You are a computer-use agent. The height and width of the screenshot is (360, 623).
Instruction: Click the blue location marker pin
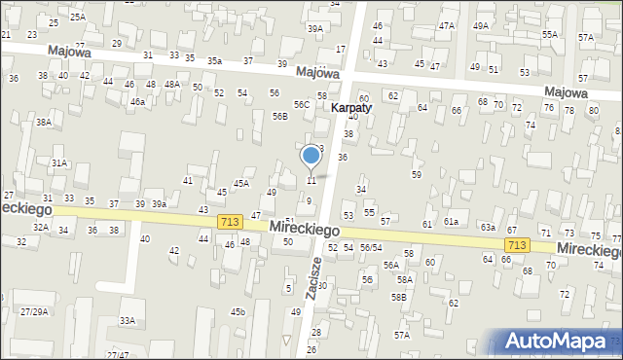(x=311, y=156)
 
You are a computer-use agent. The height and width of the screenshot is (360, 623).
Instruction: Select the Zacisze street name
(x=312, y=282)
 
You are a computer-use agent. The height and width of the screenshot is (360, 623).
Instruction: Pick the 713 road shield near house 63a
(x=517, y=245)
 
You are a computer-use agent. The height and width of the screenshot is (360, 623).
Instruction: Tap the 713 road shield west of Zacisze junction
(x=231, y=222)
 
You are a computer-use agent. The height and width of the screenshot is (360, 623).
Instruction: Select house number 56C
(x=303, y=104)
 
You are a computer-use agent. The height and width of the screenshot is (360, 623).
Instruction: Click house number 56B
(x=279, y=116)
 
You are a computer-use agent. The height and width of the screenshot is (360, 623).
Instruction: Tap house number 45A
(x=240, y=183)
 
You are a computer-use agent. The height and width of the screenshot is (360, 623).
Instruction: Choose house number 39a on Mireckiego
(x=159, y=204)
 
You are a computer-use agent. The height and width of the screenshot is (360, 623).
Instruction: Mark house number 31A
(x=59, y=163)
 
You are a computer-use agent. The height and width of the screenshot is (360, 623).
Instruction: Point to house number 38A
(x=44, y=123)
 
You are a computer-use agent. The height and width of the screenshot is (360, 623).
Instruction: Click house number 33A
(x=127, y=320)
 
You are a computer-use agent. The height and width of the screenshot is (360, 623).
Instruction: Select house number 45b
(x=238, y=311)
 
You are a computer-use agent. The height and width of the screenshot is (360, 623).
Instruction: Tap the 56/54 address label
(x=370, y=248)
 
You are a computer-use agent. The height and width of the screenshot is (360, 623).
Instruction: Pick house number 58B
(x=399, y=297)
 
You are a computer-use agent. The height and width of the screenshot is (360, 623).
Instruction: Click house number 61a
(x=452, y=223)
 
